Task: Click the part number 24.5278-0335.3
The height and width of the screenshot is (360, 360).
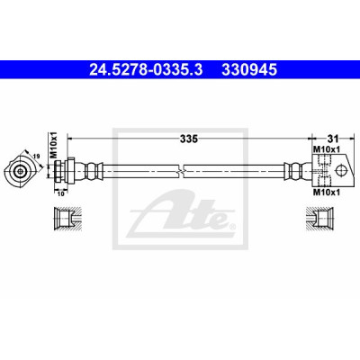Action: click(147, 70)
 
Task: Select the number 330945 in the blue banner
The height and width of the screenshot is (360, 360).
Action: click(249, 70)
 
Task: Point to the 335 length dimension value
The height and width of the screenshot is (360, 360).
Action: click(189, 139)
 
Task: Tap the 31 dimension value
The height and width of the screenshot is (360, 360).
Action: click(333, 139)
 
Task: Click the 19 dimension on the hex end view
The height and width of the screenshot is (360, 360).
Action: click(37, 156)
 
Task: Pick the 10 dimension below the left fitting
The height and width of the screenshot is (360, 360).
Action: click(61, 193)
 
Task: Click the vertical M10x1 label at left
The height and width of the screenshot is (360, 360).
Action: click(53, 145)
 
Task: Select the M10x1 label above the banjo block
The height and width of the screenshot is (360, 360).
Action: click(327, 148)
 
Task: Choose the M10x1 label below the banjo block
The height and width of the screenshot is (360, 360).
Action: click(327, 193)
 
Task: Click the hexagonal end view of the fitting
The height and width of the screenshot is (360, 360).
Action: click(20, 172)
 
